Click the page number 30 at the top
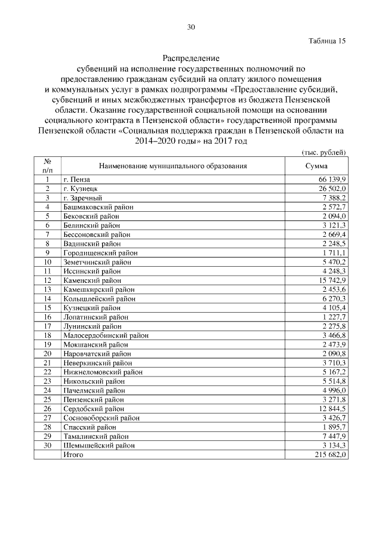[x=191, y=27]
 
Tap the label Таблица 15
[x=327, y=41]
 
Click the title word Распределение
[x=191, y=58]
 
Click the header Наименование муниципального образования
[x=172, y=166]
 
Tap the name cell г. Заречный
[x=82, y=198]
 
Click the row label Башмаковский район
[x=98, y=206]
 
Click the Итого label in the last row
[x=73, y=455]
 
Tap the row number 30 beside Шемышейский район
[x=47, y=445]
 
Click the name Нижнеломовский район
[x=101, y=372]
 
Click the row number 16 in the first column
[x=47, y=317]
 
